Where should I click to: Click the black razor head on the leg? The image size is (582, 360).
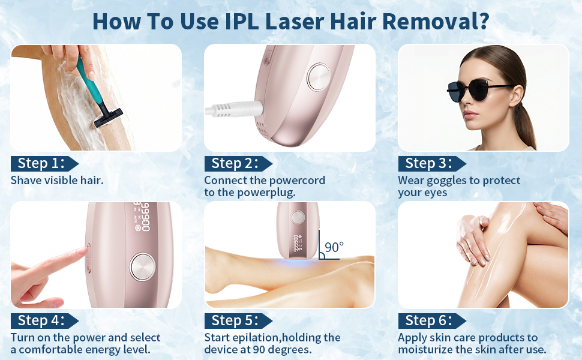tap(107, 117)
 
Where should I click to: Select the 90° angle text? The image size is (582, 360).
tap(334, 247)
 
